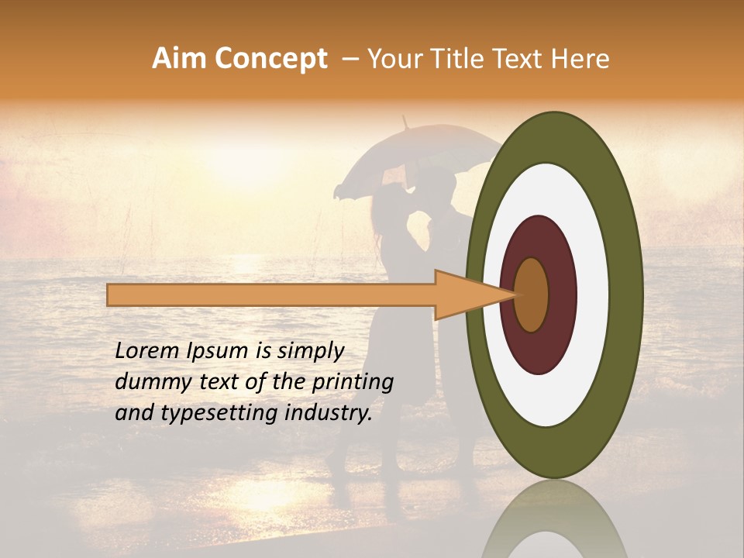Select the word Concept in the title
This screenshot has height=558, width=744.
pyautogui.click(x=271, y=59)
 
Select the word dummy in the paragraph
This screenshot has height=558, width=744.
pyautogui.click(x=146, y=382)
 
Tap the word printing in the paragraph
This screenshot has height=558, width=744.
pyautogui.click(x=353, y=382)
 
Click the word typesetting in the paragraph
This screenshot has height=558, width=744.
pyautogui.click(x=220, y=414)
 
